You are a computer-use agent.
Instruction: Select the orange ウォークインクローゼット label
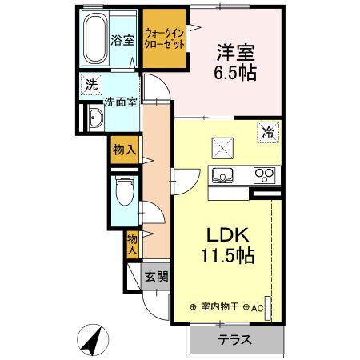coord(166,39)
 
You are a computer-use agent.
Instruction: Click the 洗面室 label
coord(121,102)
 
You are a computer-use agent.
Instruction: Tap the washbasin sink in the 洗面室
coord(95,118)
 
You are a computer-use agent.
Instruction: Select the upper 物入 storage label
coord(124,150)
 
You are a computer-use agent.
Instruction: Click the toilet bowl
coord(123,191)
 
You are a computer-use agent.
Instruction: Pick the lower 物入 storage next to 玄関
coord(132,244)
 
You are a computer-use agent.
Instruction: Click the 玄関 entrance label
coord(156,278)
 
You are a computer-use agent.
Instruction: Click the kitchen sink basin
coord(222,175)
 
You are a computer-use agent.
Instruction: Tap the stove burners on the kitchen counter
coord(263,175)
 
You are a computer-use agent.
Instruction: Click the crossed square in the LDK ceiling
coord(222,147)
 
